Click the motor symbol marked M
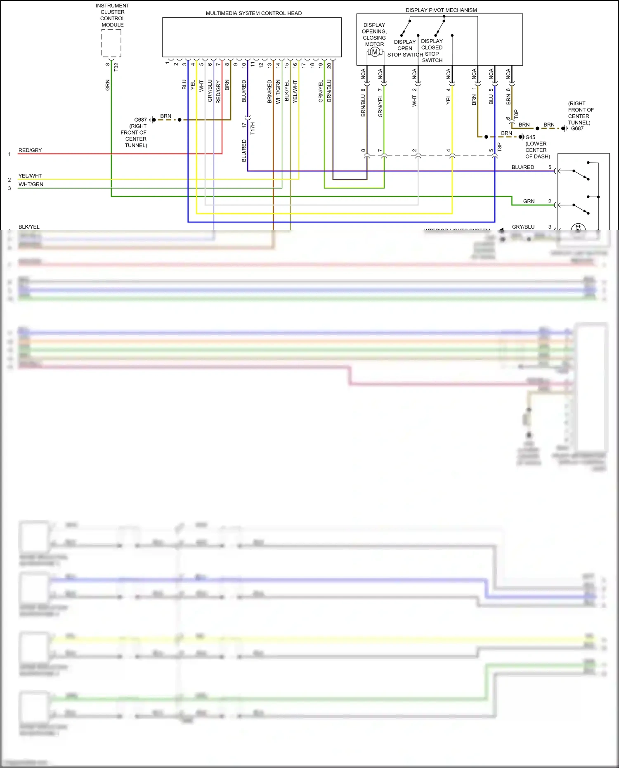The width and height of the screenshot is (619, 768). coord(374,52)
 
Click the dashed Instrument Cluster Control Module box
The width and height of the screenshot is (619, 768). coord(111,43)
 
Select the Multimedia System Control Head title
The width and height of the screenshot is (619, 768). coord(253,13)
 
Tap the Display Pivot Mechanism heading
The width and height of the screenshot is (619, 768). coord(441,10)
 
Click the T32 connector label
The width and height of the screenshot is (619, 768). coord(116,66)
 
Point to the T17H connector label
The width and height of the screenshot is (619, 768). coord(253,128)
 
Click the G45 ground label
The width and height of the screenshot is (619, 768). coord(530,137)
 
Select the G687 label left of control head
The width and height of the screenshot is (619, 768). coord(140,120)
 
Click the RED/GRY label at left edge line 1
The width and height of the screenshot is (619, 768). coord(30,150)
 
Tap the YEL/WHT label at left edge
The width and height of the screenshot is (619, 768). coord(30,176)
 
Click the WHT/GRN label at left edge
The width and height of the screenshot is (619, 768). coord(31,184)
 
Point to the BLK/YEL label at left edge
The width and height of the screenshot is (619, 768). coord(29,227)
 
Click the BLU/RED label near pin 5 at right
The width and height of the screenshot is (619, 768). coord(522,167)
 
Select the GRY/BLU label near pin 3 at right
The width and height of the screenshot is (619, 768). coord(523,227)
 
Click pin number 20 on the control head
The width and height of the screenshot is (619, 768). coord(329,65)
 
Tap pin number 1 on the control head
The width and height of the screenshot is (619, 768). coord(167,63)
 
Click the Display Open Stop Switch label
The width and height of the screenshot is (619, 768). coord(405,48)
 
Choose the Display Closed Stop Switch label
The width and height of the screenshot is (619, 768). coord(432,50)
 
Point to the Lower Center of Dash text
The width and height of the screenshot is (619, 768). coord(537,150)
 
